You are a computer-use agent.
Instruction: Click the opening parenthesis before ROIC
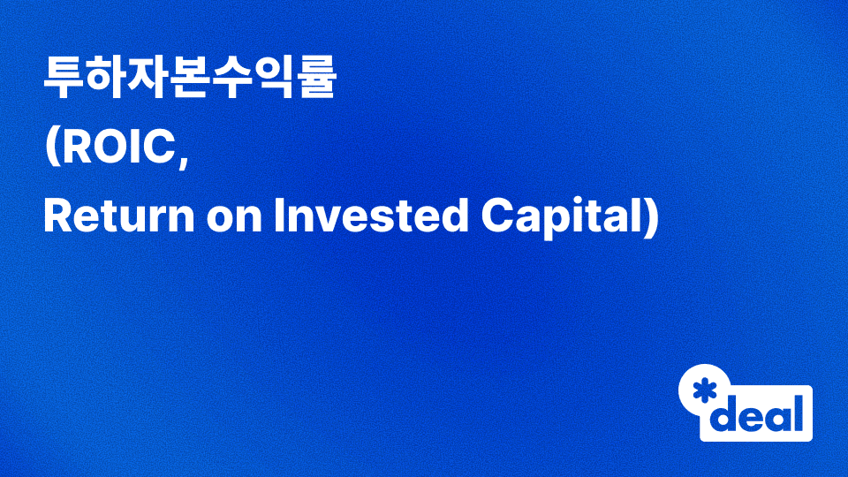51,148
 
